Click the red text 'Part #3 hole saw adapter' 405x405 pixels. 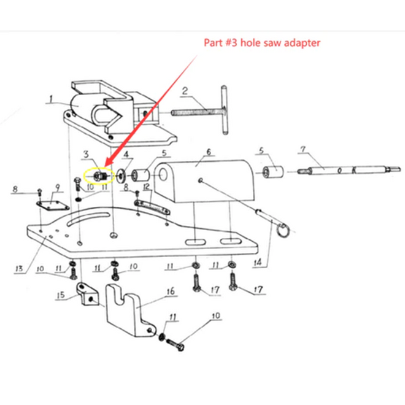click(x=262, y=43)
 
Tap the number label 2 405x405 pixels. click(x=184, y=91)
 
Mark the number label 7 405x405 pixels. click(x=302, y=150)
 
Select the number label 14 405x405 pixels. click(x=256, y=263)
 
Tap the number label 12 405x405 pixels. click(x=146, y=186)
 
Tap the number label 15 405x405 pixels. click(x=60, y=296)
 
